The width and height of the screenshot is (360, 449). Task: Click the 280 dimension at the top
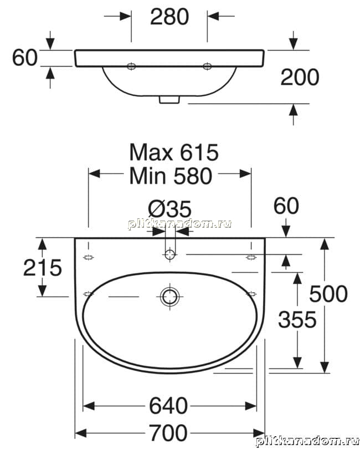pyautogui.click(x=169, y=17)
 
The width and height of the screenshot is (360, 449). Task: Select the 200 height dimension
pyautogui.click(x=300, y=77)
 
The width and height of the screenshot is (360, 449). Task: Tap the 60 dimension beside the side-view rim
pyautogui.click(x=25, y=57)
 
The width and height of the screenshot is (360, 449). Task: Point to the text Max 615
pyautogui.click(x=174, y=152)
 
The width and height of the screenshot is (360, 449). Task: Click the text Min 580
pyautogui.click(x=171, y=176)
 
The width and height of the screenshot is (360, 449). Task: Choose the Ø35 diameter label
pyautogui.click(x=169, y=209)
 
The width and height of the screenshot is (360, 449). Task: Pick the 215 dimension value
pyautogui.click(x=42, y=267)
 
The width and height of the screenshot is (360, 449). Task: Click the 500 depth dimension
pyautogui.click(x=328, y=294)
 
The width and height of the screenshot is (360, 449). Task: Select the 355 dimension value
pyautogui.click(x=297, y=320)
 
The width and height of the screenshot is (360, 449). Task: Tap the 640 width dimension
pyautogui.click(x=168, y=406)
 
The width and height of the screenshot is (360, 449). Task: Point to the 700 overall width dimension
pyautogui.click(x=168, y=433)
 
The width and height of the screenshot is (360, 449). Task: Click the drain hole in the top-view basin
pyautogui.click(x=169, y=297)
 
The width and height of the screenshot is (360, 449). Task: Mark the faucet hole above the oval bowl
pyautogui.click(x=169, y=254)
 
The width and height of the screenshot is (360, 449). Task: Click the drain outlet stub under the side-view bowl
pyautogui.click(x=169, y=100)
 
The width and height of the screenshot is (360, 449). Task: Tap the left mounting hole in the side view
pyautogui.click(x=131, y=67)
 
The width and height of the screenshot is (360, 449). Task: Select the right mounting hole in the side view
pyautogui.click(x=207, y=67)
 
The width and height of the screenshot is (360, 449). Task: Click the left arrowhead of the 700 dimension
pyautogui.click(x=81, y=433)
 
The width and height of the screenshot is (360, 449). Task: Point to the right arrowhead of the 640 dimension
pyautogui.click(x=251, y=406)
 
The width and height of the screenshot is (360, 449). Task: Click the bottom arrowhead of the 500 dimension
pyautogui.click(x=324, y=367)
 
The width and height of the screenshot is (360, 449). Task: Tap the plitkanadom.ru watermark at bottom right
pyautogui.click(x=307, y=442)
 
